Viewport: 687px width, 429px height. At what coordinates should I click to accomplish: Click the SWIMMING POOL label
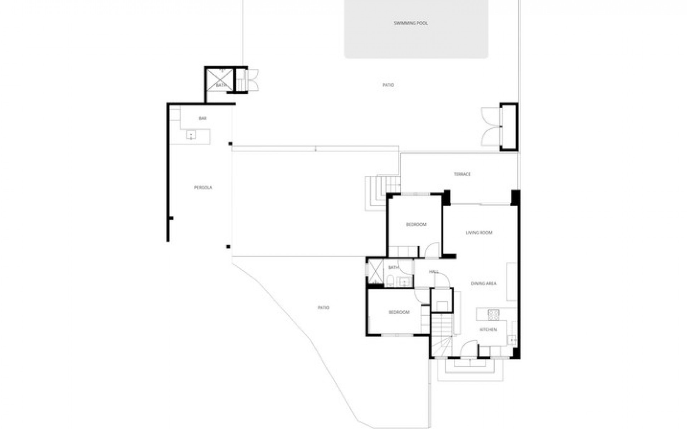[x=411, y=23]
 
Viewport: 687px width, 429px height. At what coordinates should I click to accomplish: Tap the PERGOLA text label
[x=203, y=187]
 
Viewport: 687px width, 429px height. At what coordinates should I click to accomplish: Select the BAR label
[x=203, y=118]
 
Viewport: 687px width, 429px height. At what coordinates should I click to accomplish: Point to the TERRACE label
[x=462, y=174]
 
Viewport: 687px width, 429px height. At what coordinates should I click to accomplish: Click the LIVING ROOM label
[x=479, y=233]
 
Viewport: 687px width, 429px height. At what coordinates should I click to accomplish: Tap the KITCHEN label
[x=488, y=330]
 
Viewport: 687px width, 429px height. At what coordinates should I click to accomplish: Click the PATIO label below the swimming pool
[x=388, y=85]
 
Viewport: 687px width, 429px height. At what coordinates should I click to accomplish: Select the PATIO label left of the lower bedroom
[x=323, y=308]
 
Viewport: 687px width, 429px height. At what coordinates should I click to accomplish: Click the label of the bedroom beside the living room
[x=416, y=225]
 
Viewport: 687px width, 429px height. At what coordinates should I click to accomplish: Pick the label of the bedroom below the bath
[x=399, y=312]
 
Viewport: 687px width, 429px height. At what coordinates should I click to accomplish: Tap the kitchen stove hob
[x=493, y=314]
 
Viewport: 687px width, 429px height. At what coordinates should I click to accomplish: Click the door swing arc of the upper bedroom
[x=433, y=249]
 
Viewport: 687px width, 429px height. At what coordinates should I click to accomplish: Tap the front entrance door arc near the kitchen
[x=469, y=349]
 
